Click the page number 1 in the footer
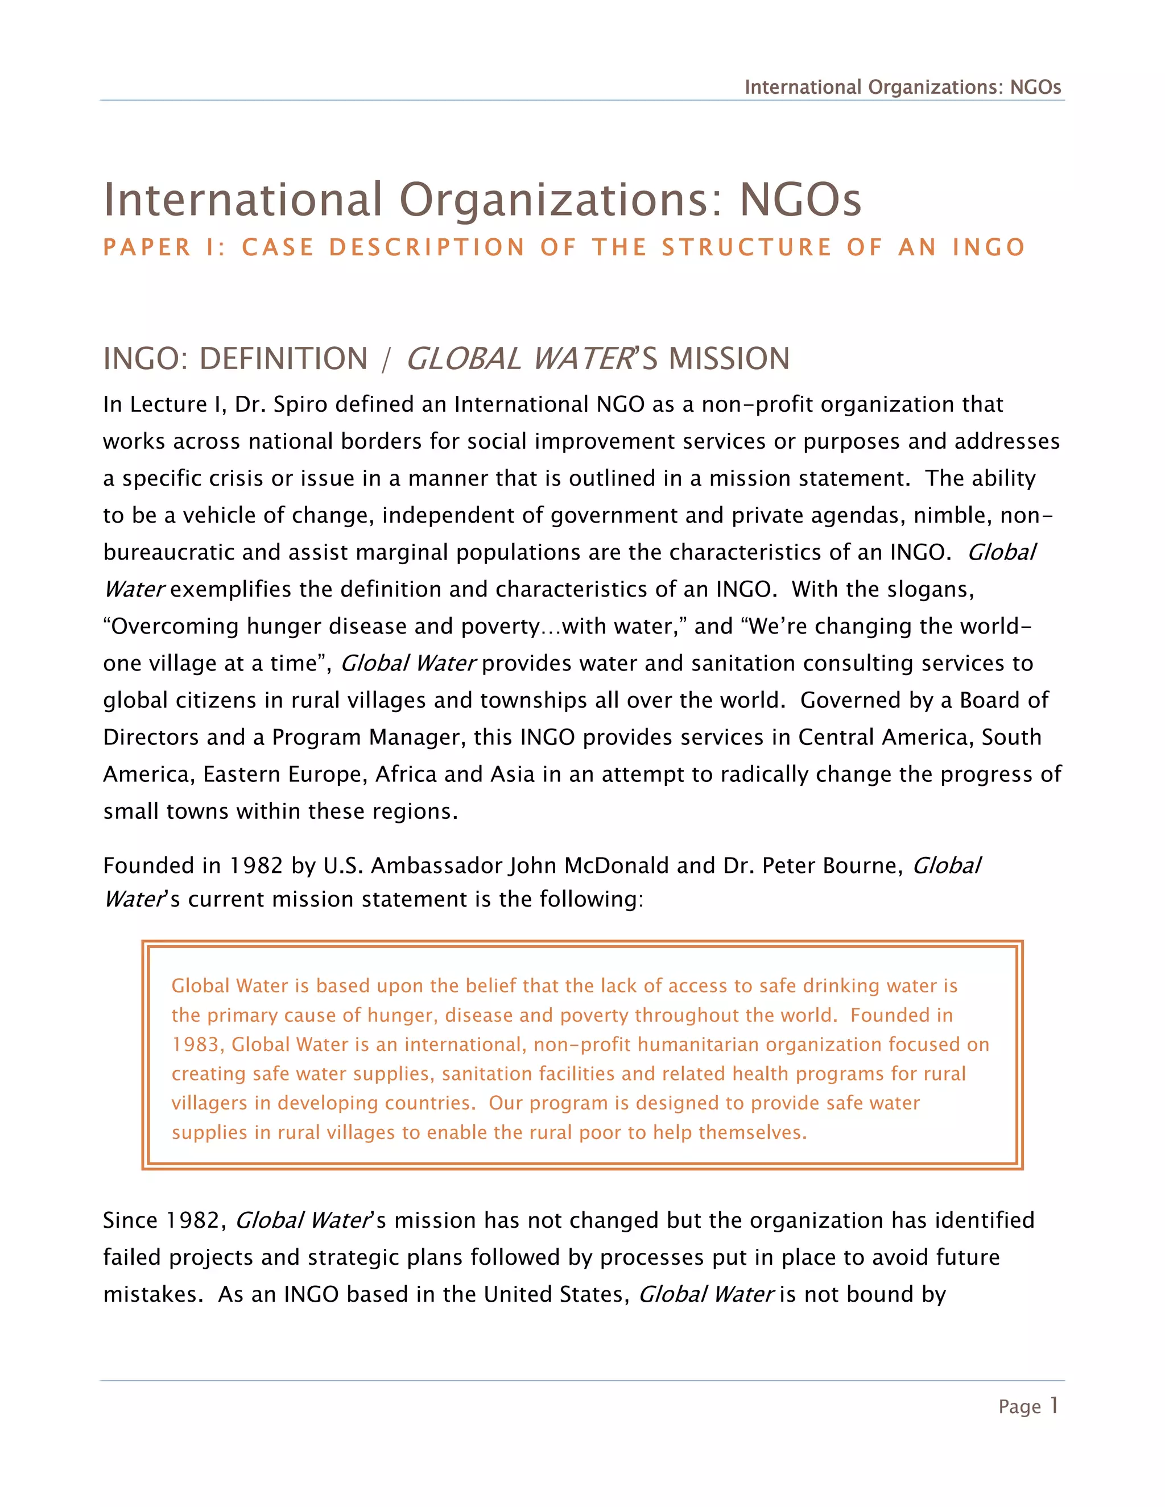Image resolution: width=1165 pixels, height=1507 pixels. [1053, 1406]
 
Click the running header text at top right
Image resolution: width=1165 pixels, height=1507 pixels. [902, 88]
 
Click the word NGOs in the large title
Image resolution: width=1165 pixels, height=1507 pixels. [800, 200]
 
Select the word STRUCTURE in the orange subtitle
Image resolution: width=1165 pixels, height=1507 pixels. [747, 247]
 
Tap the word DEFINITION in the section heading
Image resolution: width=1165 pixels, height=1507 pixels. [283, 359]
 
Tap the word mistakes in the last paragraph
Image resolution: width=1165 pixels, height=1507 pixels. [152, 1294]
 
